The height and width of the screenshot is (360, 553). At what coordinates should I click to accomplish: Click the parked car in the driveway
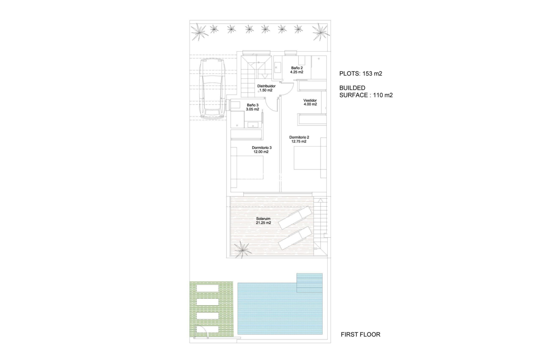coord(212,89)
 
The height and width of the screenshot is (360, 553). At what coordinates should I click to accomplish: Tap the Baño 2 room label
coord(297,68)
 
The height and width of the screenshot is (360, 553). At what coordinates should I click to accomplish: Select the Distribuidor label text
coord(266,86)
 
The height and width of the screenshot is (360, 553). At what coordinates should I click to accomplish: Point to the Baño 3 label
coord(253,105)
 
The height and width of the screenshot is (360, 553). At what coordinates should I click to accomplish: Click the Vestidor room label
coord(310,101)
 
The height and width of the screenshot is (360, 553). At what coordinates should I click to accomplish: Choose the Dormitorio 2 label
coord(299,137)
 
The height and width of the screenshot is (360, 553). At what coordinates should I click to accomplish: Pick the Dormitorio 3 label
coord(262,148)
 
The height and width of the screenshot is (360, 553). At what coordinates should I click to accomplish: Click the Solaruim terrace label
coord(264,218)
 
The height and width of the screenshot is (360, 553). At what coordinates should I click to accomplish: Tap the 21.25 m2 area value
coord(264,223)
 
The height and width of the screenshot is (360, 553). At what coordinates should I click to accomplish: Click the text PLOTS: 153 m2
coord(361,74)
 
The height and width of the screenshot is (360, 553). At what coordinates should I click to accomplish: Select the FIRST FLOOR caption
coord(360,334)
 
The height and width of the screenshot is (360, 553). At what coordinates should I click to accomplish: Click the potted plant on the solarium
coord(242,250)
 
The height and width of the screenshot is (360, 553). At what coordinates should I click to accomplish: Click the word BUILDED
coord(352,88)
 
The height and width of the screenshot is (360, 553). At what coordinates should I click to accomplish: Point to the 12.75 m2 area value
coord(299,142)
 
